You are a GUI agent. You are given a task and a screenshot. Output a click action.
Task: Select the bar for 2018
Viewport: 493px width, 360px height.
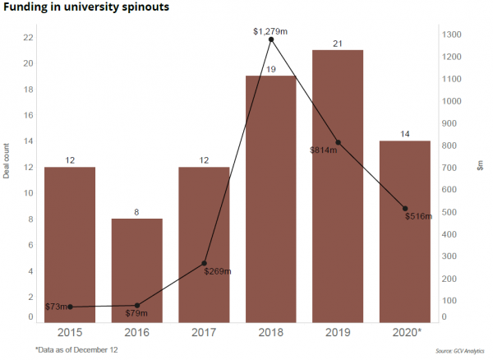click(x=270, y=197)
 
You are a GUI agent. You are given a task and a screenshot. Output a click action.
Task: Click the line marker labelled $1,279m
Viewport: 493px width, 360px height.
click(x=270, y=39)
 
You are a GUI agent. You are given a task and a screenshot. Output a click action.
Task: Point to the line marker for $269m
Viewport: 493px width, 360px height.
click(x=204, y=263)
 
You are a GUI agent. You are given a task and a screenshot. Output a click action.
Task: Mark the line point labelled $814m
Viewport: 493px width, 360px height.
click(x=338, y=143)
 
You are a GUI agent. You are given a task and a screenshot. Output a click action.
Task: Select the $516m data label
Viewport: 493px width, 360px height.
click(x=421, y=215)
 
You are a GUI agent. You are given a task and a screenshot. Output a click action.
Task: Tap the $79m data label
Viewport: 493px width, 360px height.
click(x=136, y=313)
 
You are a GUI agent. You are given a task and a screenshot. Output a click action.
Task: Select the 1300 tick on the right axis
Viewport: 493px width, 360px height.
click(x=451, y=35)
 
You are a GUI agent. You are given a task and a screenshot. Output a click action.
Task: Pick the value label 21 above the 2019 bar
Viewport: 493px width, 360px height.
click(x=338, y=43)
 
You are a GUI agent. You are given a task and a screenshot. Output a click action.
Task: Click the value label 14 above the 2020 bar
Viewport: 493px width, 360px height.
click(x=404, y=134)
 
